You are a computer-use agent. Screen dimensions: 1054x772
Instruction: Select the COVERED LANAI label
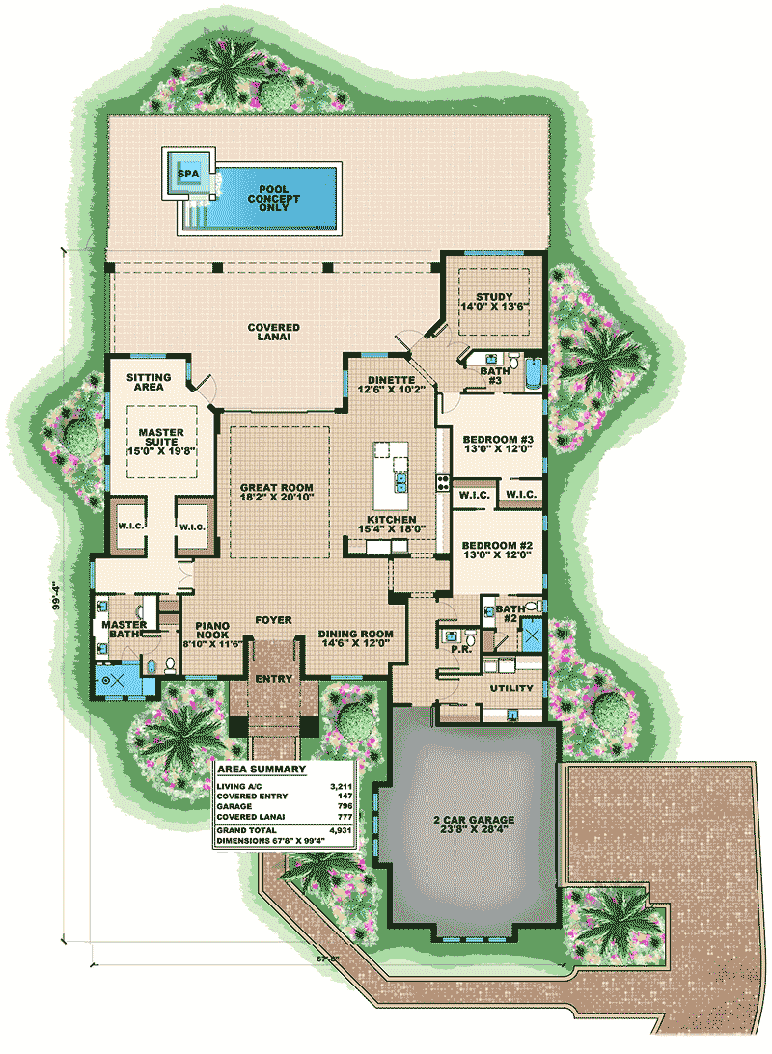coord(272,333)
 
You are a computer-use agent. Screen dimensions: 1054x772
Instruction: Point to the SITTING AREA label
coord(149,382)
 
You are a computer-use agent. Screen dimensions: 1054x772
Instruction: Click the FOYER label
coord(274,620)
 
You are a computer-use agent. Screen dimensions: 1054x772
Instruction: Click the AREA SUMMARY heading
coord(262,770)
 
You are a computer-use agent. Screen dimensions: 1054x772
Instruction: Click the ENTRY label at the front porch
coord(273,679)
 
